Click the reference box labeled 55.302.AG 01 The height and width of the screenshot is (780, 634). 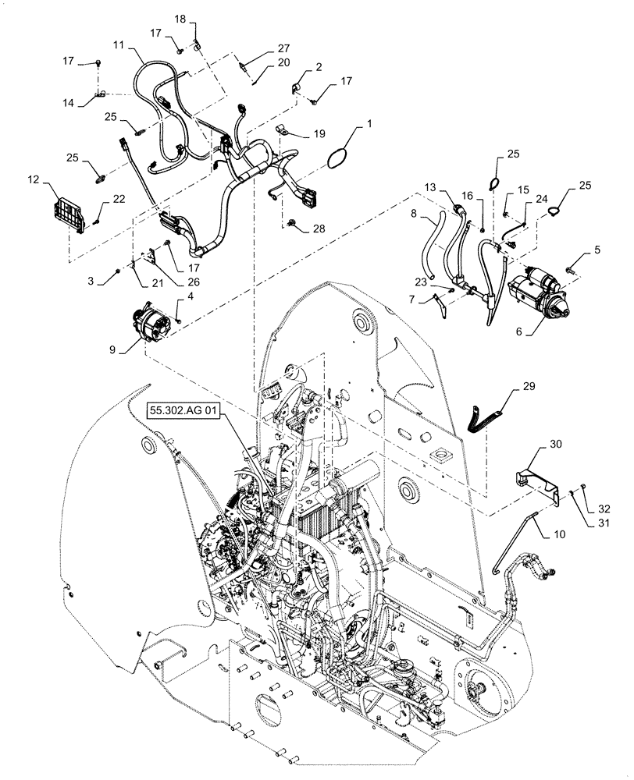coord(180,410)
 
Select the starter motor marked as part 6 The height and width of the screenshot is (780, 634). coord(537,294)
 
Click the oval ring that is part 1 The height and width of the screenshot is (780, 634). coord(337,158)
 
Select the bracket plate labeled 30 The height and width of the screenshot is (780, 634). coord(540,480)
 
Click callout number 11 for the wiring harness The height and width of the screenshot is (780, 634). coord(119,46)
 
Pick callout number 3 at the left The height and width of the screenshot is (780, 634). coord(92,280)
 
